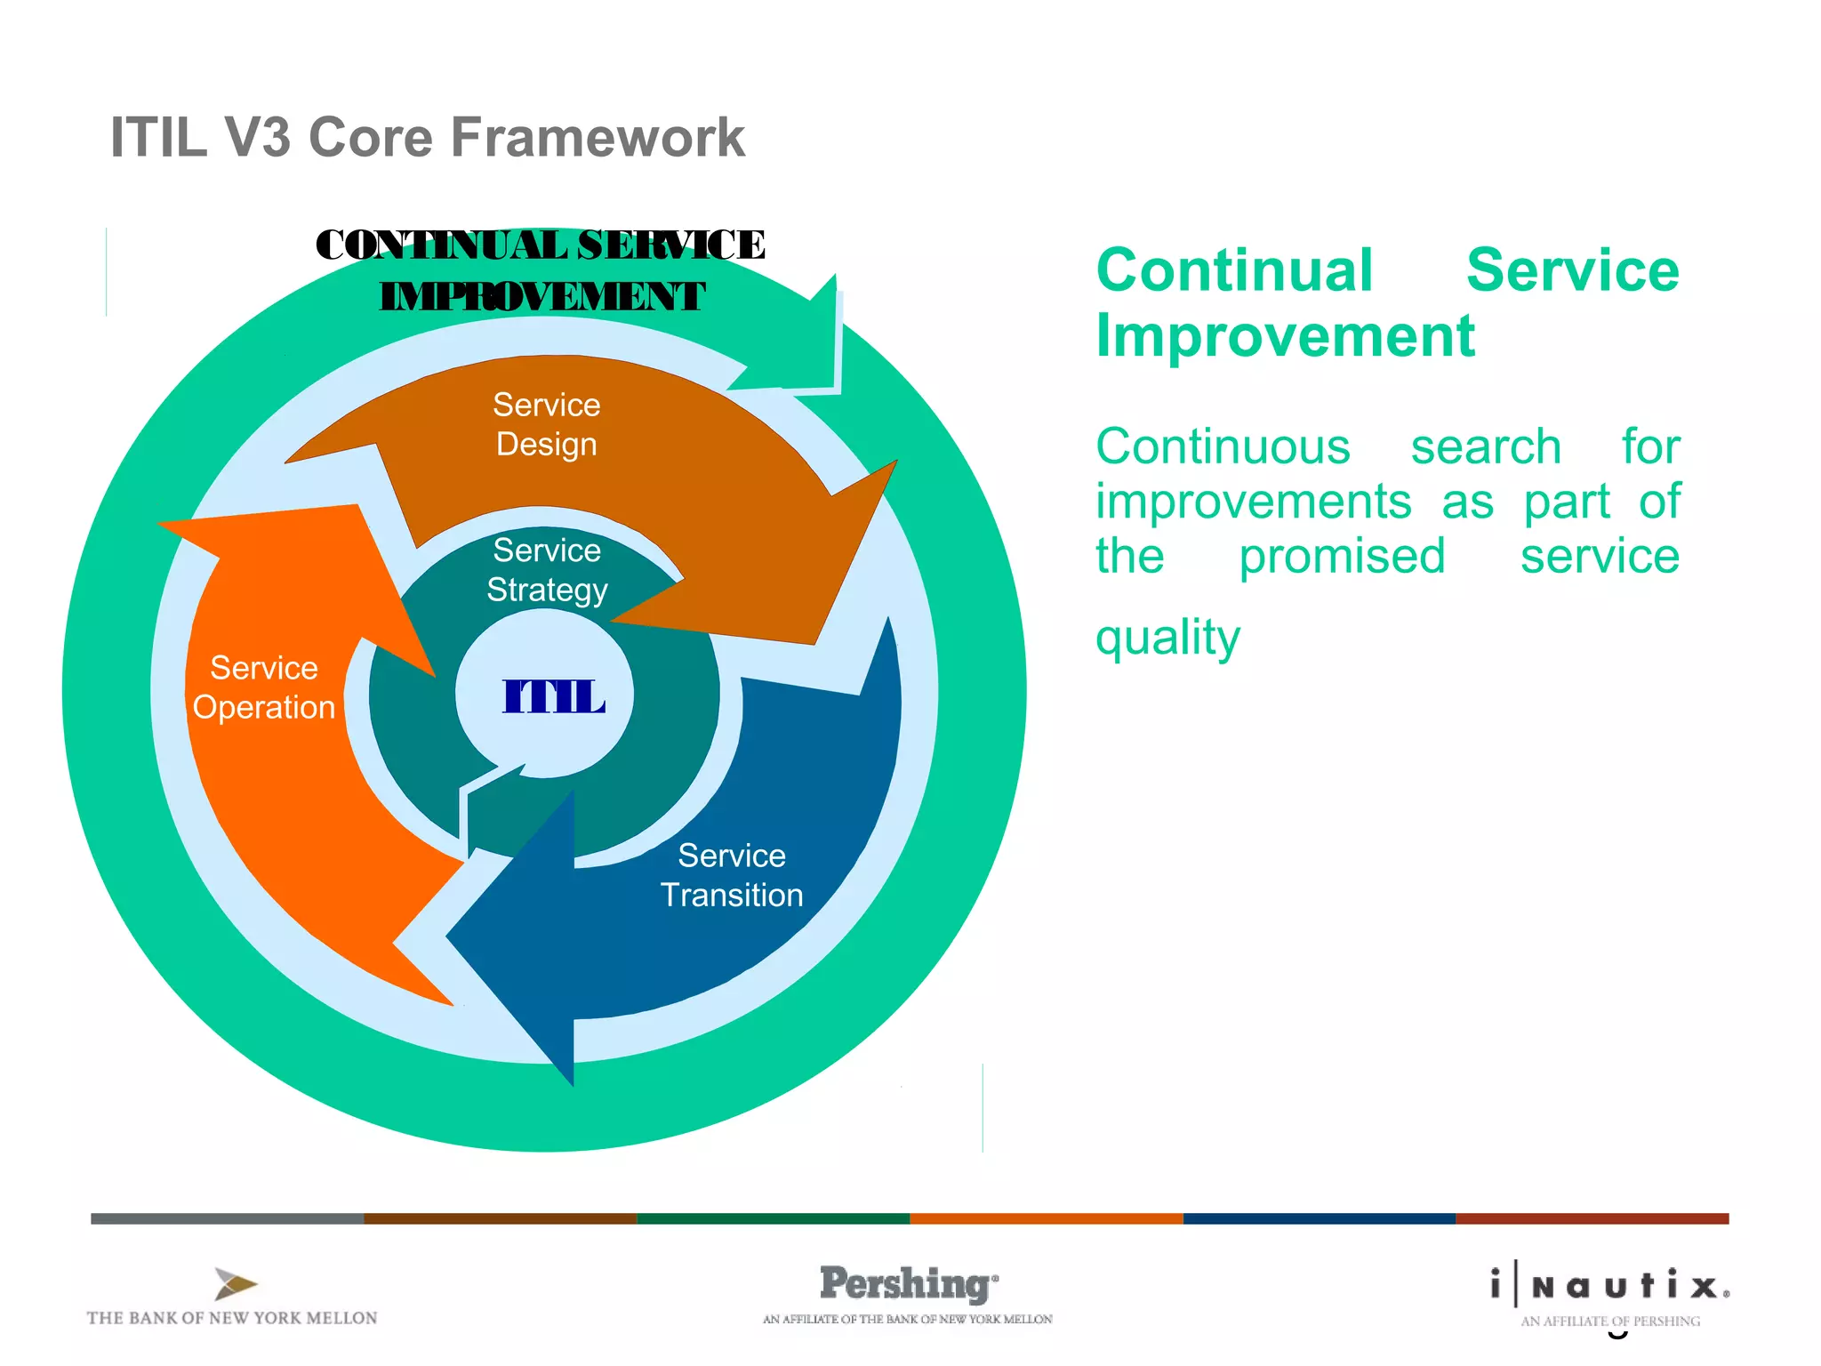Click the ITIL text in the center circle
point(553,696)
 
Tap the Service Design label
point(546,424)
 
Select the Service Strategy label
point(547,570)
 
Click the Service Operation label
point(264,687)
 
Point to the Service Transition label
point(731,875)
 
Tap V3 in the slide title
point(257,138)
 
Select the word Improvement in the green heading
point(1285,336)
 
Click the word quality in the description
point(1167,638)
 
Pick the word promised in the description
point(1342,557)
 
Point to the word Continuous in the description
point(1223,446)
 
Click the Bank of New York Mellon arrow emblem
point(235,1284)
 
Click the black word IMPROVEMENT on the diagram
point(541,297)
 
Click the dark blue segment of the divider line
point(1319,1218)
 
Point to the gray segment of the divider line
point(227,1218)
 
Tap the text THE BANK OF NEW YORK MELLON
point(232,1318)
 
